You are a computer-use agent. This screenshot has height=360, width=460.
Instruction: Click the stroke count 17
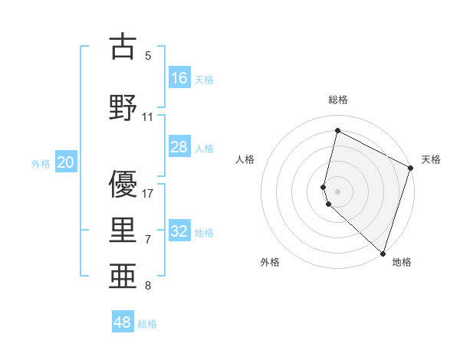(148, 193)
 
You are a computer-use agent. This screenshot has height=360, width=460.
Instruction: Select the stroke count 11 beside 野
(148, 117)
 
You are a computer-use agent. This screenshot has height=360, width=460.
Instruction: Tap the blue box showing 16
(179, 78)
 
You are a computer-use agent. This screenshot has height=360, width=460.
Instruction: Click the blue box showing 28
(179, 147)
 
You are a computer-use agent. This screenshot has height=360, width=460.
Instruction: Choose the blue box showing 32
(179, 231)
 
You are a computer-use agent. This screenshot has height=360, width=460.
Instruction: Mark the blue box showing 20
(66, 162)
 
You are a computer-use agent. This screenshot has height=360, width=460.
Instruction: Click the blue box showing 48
(123, 322)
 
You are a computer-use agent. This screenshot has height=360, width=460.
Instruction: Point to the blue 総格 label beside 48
(147, 324)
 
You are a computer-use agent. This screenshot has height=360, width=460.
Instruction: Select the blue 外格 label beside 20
(41, 163)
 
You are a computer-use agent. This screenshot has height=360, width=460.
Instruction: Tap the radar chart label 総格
(338, 100)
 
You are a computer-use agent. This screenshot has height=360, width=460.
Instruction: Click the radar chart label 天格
(431, 159)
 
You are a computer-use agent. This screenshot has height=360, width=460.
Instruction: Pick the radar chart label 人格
(245, 159)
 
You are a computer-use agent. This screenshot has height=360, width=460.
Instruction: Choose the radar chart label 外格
(270, 262)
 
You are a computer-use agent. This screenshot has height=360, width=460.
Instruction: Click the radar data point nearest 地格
(383, 254)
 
